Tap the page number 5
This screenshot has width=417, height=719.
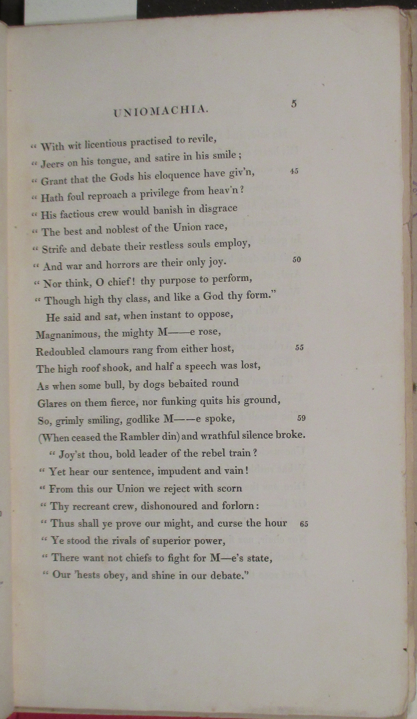pyautogui.click(x=294, y=104)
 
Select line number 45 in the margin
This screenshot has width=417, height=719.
pyautogui.click(x=294, y=171)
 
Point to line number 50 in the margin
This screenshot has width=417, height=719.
pyautogui.click(x=297, y=260)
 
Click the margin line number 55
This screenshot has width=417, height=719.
pyautogui.click(x=299, y=348)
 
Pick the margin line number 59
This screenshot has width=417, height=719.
pyautogui.click(x=301, y=418)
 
